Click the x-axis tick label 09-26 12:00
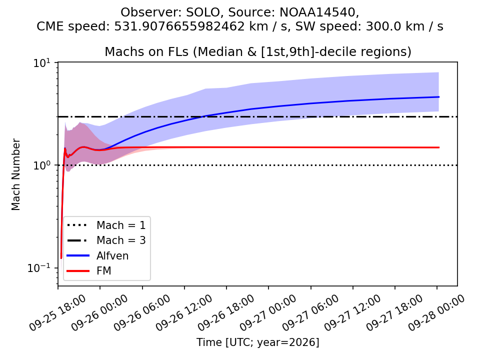pos(183,312)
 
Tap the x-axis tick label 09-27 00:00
pos(268,312)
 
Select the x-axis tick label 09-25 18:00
pos(57,312)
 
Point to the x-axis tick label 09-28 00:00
pos(436,312)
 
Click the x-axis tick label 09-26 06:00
pos(141,312)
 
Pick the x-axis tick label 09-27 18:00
pos(394,312)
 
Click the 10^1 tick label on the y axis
pos(41,63)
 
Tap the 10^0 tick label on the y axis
pos(41,165)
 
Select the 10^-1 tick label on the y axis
pos(39,268)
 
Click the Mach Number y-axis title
pos(15,174)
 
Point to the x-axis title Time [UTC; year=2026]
pos(258,342)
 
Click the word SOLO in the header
pos(203,12)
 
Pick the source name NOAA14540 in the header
pos(318,12)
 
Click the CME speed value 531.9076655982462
pos(179,26)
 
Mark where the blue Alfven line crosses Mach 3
pos(203,116)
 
